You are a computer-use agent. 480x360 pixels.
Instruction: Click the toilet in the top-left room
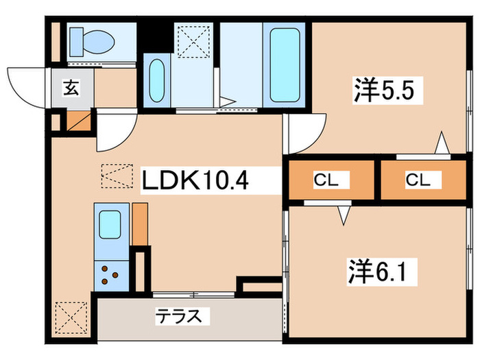[x=92, y=42]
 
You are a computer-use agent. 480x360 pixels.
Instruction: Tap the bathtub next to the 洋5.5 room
[x=285, y=65]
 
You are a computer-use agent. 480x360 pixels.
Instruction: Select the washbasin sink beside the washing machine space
[x=157, y=80]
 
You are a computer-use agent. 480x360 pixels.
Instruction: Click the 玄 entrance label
[x=71, y=88]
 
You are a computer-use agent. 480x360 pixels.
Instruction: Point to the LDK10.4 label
[x=195, y=180]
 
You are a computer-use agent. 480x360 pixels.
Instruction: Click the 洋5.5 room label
[x=384, y=91]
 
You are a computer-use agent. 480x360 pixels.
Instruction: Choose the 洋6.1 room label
[x=378, y=271]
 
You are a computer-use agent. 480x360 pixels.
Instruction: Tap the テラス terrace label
[x=179, y=315]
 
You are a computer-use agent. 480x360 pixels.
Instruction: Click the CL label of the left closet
[x=326, y=180]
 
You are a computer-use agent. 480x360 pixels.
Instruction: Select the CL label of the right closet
[x=418, y=180]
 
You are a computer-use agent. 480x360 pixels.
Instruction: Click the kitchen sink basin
[x=110, y=224]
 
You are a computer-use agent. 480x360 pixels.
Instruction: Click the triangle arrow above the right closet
[x=442, y=143]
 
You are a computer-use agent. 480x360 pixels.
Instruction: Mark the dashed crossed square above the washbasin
[x=193, y=42]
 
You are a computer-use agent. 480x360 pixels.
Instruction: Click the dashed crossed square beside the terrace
[x=71, y=317]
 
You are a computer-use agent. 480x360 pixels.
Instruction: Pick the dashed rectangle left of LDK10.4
[x=117, y=176]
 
